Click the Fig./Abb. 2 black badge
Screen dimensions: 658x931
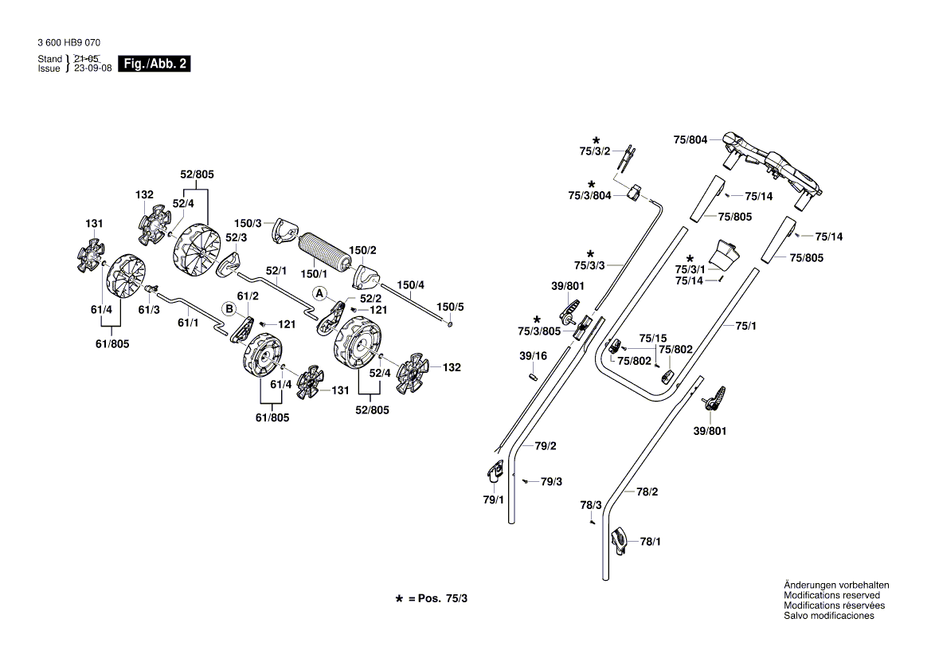(155, 64)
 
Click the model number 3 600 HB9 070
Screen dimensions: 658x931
(68, 43)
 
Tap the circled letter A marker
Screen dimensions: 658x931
(319, 293)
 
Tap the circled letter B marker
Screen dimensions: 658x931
(229, 308)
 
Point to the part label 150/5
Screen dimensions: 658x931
(449, 307)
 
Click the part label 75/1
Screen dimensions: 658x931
(745, 326)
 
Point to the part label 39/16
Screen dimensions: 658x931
(533, 356)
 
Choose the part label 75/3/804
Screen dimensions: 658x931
(589, 195)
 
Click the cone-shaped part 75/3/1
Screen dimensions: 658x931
(726, 253)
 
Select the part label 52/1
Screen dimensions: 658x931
(276, 271)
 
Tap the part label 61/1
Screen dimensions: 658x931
(188, 323)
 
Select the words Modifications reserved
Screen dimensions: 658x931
(831, 595)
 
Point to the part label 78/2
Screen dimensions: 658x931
(647, 492)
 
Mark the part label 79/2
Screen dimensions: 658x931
(546, 446)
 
